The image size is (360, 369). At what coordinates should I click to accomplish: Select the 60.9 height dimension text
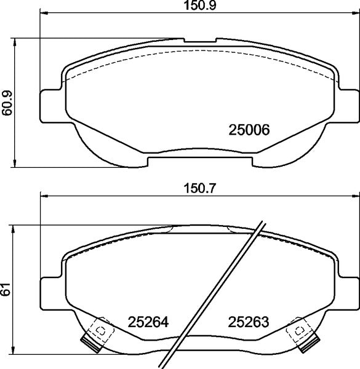[7, 102]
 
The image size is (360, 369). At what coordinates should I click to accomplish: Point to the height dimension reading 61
[7, 290]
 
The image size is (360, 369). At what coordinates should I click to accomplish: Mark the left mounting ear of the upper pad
[50, 106]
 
